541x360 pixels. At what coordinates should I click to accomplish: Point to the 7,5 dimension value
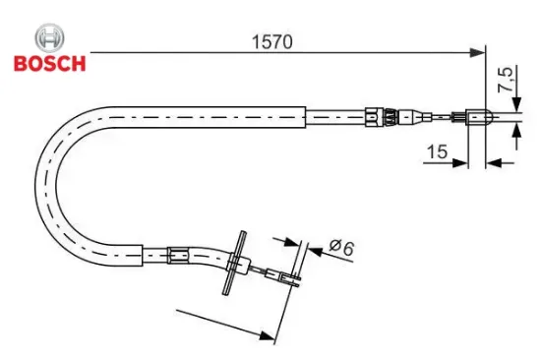506,79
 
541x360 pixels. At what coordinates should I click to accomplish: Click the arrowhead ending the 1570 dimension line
479,49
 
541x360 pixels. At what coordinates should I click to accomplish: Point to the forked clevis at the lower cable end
290,280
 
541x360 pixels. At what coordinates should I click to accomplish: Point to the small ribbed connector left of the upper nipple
458,120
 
